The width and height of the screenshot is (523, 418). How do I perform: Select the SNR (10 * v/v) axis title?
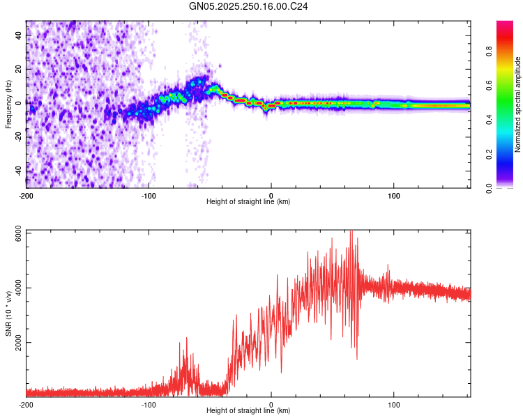[x=8, y=313]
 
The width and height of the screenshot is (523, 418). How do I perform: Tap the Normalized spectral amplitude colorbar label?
[x=517, y=105]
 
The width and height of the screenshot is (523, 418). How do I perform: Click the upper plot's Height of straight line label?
[x=248, y=202]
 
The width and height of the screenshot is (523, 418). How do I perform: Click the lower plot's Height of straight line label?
[x=248, y=411]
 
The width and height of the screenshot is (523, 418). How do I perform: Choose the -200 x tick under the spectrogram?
[x=26, y=195]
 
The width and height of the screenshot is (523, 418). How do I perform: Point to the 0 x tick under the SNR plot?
[x=271, y=404]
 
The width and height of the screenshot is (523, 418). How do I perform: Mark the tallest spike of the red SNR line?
[x=351, y=231]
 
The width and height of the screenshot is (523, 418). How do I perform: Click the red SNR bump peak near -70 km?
[x=186, y=339]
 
